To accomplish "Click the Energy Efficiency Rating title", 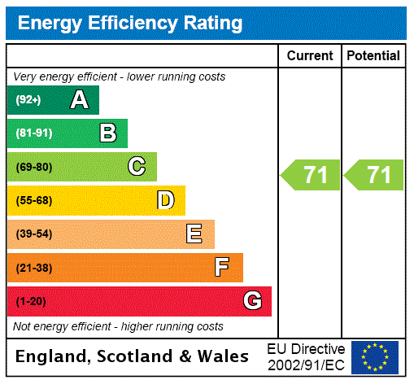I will point(130,23).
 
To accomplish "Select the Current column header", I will point(310,56).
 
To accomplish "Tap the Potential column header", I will point(373,56).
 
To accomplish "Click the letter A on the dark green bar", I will point(79,100).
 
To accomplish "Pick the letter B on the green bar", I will point(107,133).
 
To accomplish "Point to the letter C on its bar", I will point(137,167).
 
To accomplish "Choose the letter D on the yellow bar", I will point(165,200).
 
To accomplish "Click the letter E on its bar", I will point(194,234).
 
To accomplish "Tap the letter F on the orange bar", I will point(222,268).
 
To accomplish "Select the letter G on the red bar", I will point(252,301).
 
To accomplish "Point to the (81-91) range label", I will point(33,133).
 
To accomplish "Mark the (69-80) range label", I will point(33,167).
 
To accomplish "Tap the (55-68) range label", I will point(33,200).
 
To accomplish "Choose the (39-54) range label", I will point(33,234).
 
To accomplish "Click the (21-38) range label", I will point(33,268).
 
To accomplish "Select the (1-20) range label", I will point(31,301).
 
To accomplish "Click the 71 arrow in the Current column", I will point(311,175).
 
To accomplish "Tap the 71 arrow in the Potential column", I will point(374,175).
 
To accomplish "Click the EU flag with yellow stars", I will point(375,356).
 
